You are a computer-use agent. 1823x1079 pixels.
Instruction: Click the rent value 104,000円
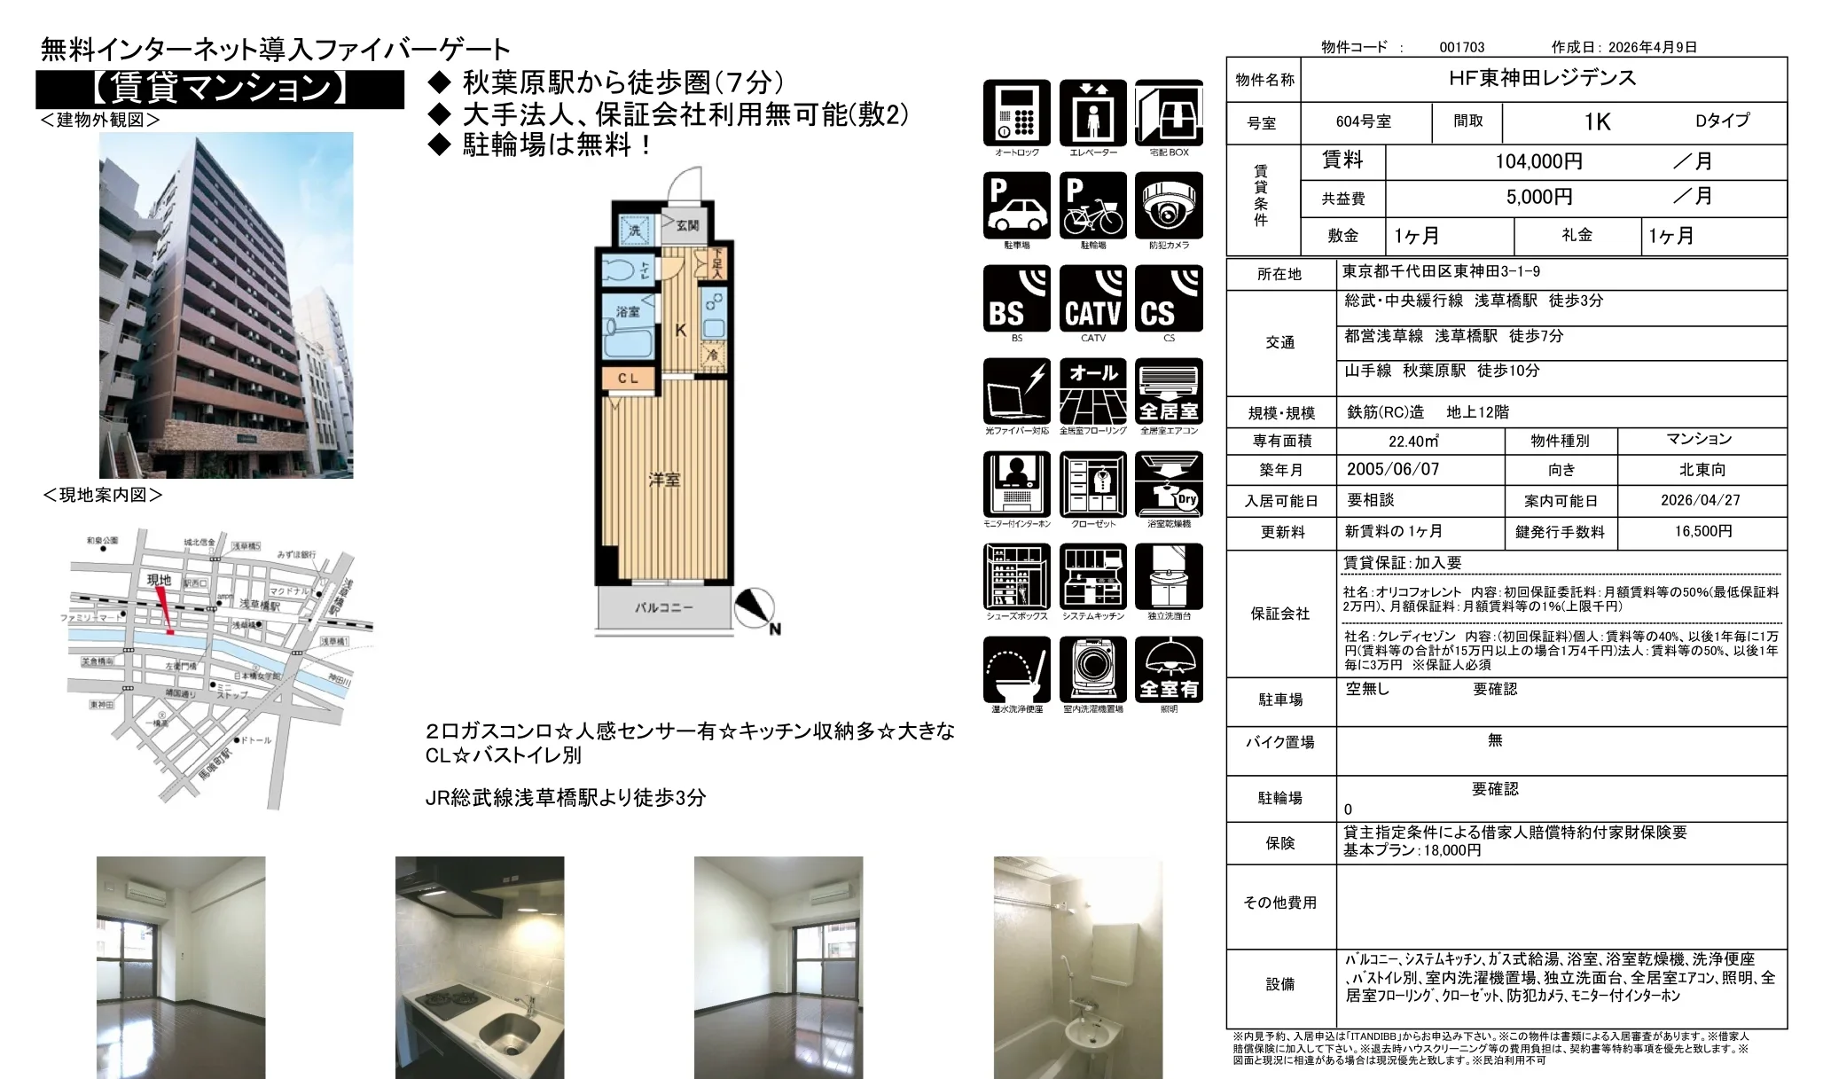pos(1538,161)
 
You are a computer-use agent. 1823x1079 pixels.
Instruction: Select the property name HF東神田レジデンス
pos(1542,78)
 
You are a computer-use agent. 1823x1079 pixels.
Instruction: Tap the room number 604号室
pos(1363,122)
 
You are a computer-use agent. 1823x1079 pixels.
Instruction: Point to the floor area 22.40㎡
pos(1413,441)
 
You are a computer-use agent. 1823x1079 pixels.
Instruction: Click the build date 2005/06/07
pos(1392,470)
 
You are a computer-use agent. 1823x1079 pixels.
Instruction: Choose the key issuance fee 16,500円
pos(1702,531)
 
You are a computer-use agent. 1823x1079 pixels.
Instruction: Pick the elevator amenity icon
pos(1092,113)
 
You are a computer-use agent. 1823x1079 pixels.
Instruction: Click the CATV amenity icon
pos(1092,299)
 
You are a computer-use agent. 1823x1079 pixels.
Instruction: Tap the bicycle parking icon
pos(1092,206)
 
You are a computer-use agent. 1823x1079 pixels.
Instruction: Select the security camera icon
pos(1169,206)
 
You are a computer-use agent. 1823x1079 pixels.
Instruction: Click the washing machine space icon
pos(1092,670)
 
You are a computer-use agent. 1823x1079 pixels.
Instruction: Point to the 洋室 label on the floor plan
pos(664,480)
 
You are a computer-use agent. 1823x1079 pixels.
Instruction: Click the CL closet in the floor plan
pos(628,379)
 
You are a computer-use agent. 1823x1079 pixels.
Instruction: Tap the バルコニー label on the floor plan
pos(663,607)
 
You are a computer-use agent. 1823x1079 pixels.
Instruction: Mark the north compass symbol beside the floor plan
pos(755,609)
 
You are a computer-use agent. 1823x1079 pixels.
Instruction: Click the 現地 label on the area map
pos(160,580)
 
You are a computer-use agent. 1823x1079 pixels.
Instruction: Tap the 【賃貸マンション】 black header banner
pos(220,89)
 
